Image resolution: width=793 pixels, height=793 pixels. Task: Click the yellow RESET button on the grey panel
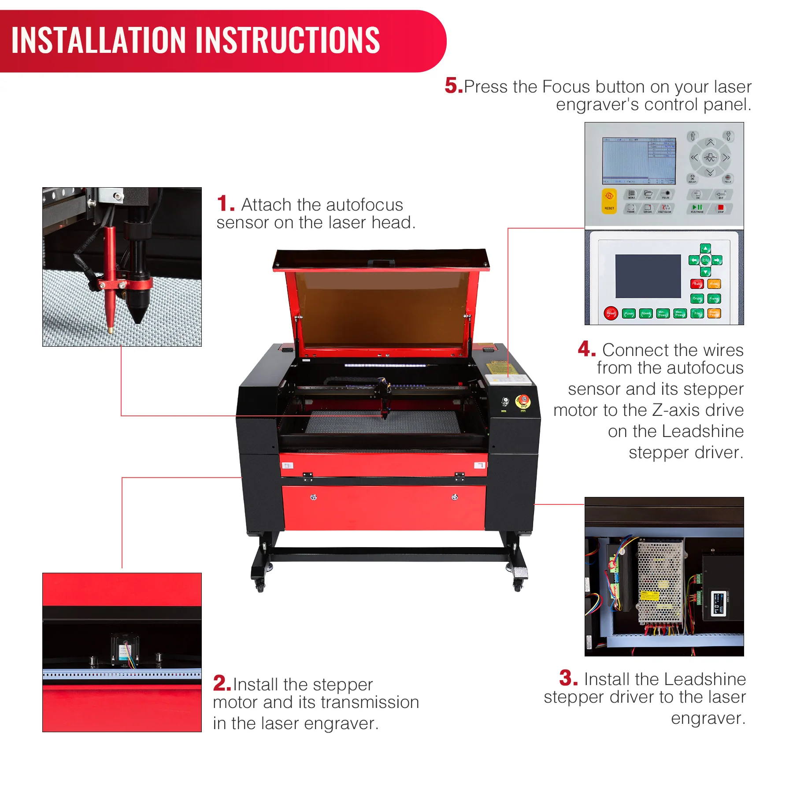609,201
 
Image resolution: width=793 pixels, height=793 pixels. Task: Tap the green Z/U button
705,260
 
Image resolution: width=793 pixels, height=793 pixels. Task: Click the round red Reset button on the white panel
611,313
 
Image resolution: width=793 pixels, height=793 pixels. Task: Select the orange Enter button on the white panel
714,284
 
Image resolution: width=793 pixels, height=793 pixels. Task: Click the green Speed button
646,314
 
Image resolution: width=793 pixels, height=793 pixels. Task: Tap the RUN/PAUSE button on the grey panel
697,208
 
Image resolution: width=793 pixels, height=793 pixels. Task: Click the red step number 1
225,204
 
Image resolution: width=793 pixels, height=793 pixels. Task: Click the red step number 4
586,349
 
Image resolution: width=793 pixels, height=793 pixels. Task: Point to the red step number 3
568,678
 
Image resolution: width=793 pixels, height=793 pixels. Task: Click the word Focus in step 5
566,87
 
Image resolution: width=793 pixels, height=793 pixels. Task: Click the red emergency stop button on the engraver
523,401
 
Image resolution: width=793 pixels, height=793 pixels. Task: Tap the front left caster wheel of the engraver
260,586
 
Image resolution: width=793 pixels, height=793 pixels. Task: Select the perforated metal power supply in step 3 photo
660,582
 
